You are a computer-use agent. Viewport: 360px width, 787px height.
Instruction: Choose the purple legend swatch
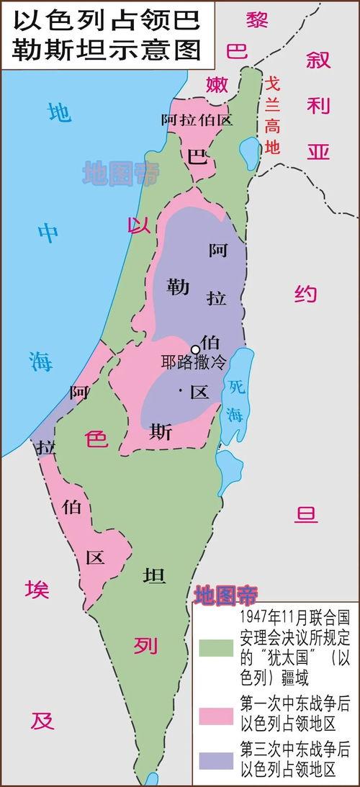pyautogui.click(x=217, y=760)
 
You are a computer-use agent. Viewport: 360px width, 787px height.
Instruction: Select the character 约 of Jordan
pyautogui.click(x=305, y=294)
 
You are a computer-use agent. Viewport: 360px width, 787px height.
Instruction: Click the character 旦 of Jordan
pyautogui.click(x=307, y=513)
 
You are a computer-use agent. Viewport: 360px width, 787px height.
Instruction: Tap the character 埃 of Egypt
pyautogui.click(x=37, y=590)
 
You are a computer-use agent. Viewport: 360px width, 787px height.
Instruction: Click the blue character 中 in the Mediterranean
pyautogui.click(x=48, y=233)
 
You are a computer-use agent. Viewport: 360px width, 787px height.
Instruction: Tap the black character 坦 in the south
pyautogui.click(x=154, y=576)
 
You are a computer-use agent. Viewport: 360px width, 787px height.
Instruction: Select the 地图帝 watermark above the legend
pyautogui.click(x=226, y=595)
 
